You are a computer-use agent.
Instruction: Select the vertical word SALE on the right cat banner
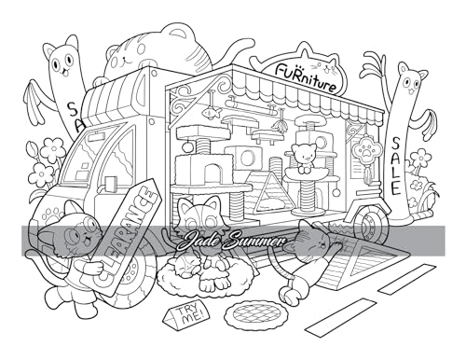point(396,164)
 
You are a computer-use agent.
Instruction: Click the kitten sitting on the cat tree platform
point(303,154)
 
